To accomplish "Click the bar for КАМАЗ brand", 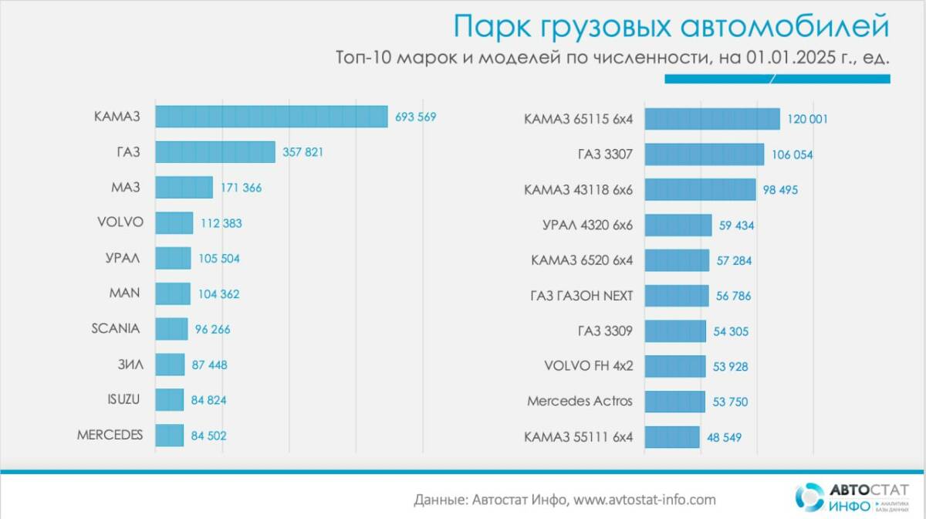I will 271,117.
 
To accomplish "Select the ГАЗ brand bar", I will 215,152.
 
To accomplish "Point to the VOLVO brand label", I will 120,222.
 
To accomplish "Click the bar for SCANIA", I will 171,329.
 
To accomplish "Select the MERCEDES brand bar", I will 170,435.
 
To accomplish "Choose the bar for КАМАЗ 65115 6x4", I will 712,119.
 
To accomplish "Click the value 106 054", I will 792,155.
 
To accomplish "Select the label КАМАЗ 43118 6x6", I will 578,190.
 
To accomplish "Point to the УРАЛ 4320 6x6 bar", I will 678,226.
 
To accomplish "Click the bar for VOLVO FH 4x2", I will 675,366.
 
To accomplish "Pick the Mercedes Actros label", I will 580,402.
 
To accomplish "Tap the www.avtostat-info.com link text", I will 644,499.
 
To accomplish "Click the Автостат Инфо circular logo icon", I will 809,497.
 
